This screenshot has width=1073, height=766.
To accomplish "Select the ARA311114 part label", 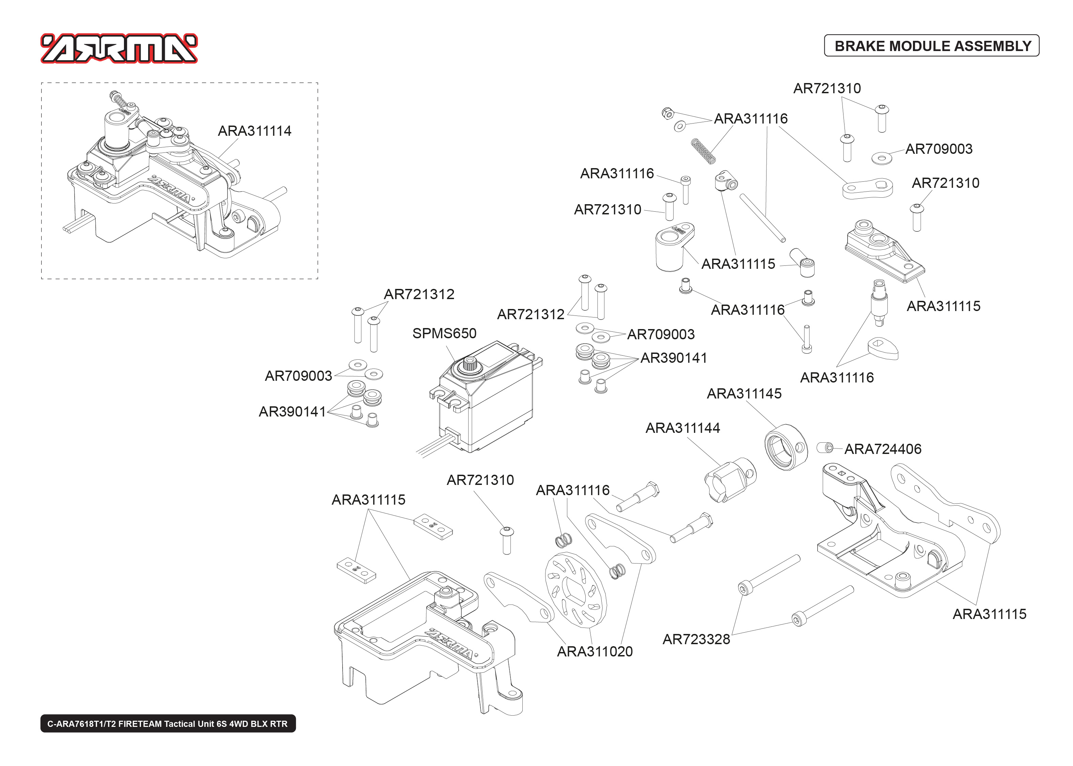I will coord(254,131).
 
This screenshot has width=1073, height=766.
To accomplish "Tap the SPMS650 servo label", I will coord(444,333).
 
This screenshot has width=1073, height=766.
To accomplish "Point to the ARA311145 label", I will coord(744,393).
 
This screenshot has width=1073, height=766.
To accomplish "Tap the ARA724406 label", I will coord(882,449).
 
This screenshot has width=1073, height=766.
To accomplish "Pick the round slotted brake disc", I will coord(575,590).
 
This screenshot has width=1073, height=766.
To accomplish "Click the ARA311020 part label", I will coord(595,651).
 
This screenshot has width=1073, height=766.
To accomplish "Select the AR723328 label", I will coord(696,639).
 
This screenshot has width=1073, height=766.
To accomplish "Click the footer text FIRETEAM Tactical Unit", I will coord(168,723).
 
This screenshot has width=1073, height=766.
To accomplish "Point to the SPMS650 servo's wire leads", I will coord(434,446).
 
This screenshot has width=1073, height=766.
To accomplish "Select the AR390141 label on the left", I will coord(292,412).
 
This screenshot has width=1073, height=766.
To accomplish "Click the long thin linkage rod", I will coord(762,217).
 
